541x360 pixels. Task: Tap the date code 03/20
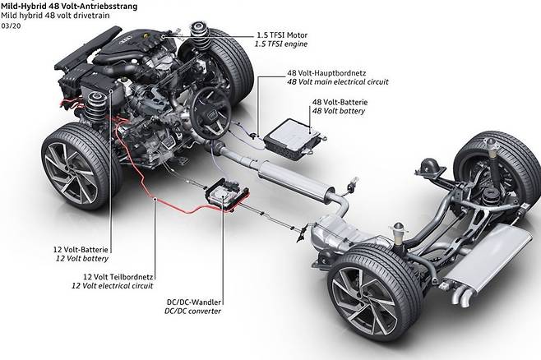coord(12,25)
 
